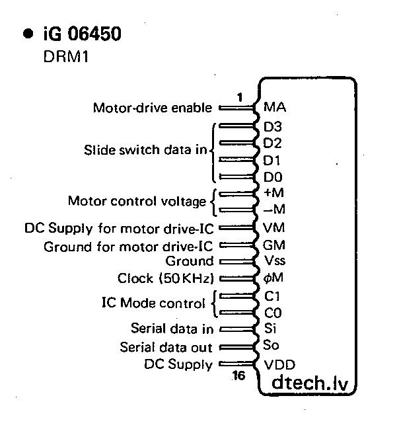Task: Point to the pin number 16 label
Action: coord(238,376)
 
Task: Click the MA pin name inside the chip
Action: coord(274,107)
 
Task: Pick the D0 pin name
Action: coord(272,177)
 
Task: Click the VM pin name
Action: coord(273,228)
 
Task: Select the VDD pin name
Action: coord(279,364)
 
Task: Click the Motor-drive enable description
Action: coord(153,108)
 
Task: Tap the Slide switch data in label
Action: coord(145,149)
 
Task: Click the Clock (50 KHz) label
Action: coord(168,278)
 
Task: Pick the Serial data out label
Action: coord(166,347)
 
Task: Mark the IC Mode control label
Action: coord(153,304)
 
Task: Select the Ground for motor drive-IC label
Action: coord(128,247)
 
